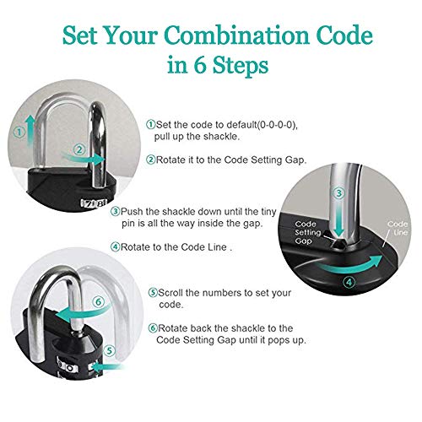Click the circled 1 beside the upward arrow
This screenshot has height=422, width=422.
[19, 133]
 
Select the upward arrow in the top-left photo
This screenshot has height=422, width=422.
[30, 130]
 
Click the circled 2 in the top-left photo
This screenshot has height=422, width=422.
[79, 149]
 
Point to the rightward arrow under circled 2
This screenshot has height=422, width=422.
[84, 159]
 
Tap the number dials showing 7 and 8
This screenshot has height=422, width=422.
[94, 203]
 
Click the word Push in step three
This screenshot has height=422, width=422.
[132, 212]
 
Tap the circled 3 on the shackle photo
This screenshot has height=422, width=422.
[338, 193]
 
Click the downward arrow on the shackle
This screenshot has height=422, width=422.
[339, 219]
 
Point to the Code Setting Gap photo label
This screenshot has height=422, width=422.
[307, 232]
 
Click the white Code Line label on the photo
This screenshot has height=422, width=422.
[398, 228]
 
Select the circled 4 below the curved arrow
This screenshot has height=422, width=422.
[349, 282]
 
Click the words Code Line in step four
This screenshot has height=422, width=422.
[203, 247]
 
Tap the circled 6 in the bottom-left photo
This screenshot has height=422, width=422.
[99, 302]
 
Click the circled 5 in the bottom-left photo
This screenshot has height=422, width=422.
[110, 351]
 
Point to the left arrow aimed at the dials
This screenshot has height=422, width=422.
[107, 367]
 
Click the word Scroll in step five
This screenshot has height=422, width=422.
[170, 293]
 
